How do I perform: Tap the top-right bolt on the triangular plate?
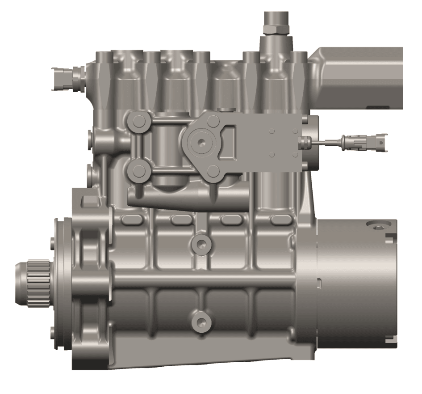pos(213,119)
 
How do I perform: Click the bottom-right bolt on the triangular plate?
pos(213,171)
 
